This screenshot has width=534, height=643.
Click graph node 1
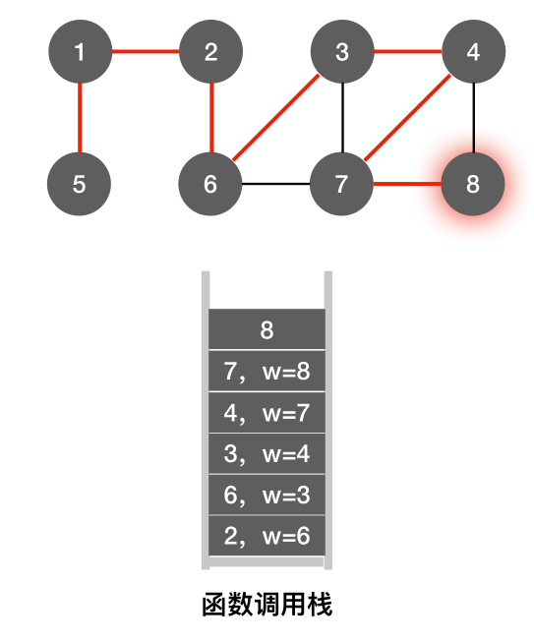tap(80, 52)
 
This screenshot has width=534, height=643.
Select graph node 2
tap(210, 52)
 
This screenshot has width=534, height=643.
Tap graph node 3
tap(342, 52)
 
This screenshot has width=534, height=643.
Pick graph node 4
tap(473, 52)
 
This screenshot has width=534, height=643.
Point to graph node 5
tap(80, 184)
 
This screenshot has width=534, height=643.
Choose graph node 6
tap(210, 184)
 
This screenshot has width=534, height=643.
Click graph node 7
tap(342, 184)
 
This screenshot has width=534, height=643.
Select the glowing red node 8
tap(473, 184)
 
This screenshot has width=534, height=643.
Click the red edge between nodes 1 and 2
tap(145, 52)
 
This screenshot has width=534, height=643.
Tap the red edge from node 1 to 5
tap(80, 118)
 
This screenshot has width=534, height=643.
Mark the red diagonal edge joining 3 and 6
tap(276, 118)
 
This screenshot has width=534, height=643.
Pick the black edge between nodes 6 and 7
tap(276, 184)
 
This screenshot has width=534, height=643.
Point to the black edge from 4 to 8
tap(473, 118)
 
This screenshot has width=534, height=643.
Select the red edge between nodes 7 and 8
tap(407, 184)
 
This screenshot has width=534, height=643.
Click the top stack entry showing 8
tap(267, 329)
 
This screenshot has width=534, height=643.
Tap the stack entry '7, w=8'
tap(267, 371)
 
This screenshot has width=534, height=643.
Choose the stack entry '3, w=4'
tap(267, 453)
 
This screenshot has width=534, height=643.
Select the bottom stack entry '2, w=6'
tap(267, 536)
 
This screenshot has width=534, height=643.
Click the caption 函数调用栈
tap(267, 604)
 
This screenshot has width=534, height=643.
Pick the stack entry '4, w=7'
tap(267, 412)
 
